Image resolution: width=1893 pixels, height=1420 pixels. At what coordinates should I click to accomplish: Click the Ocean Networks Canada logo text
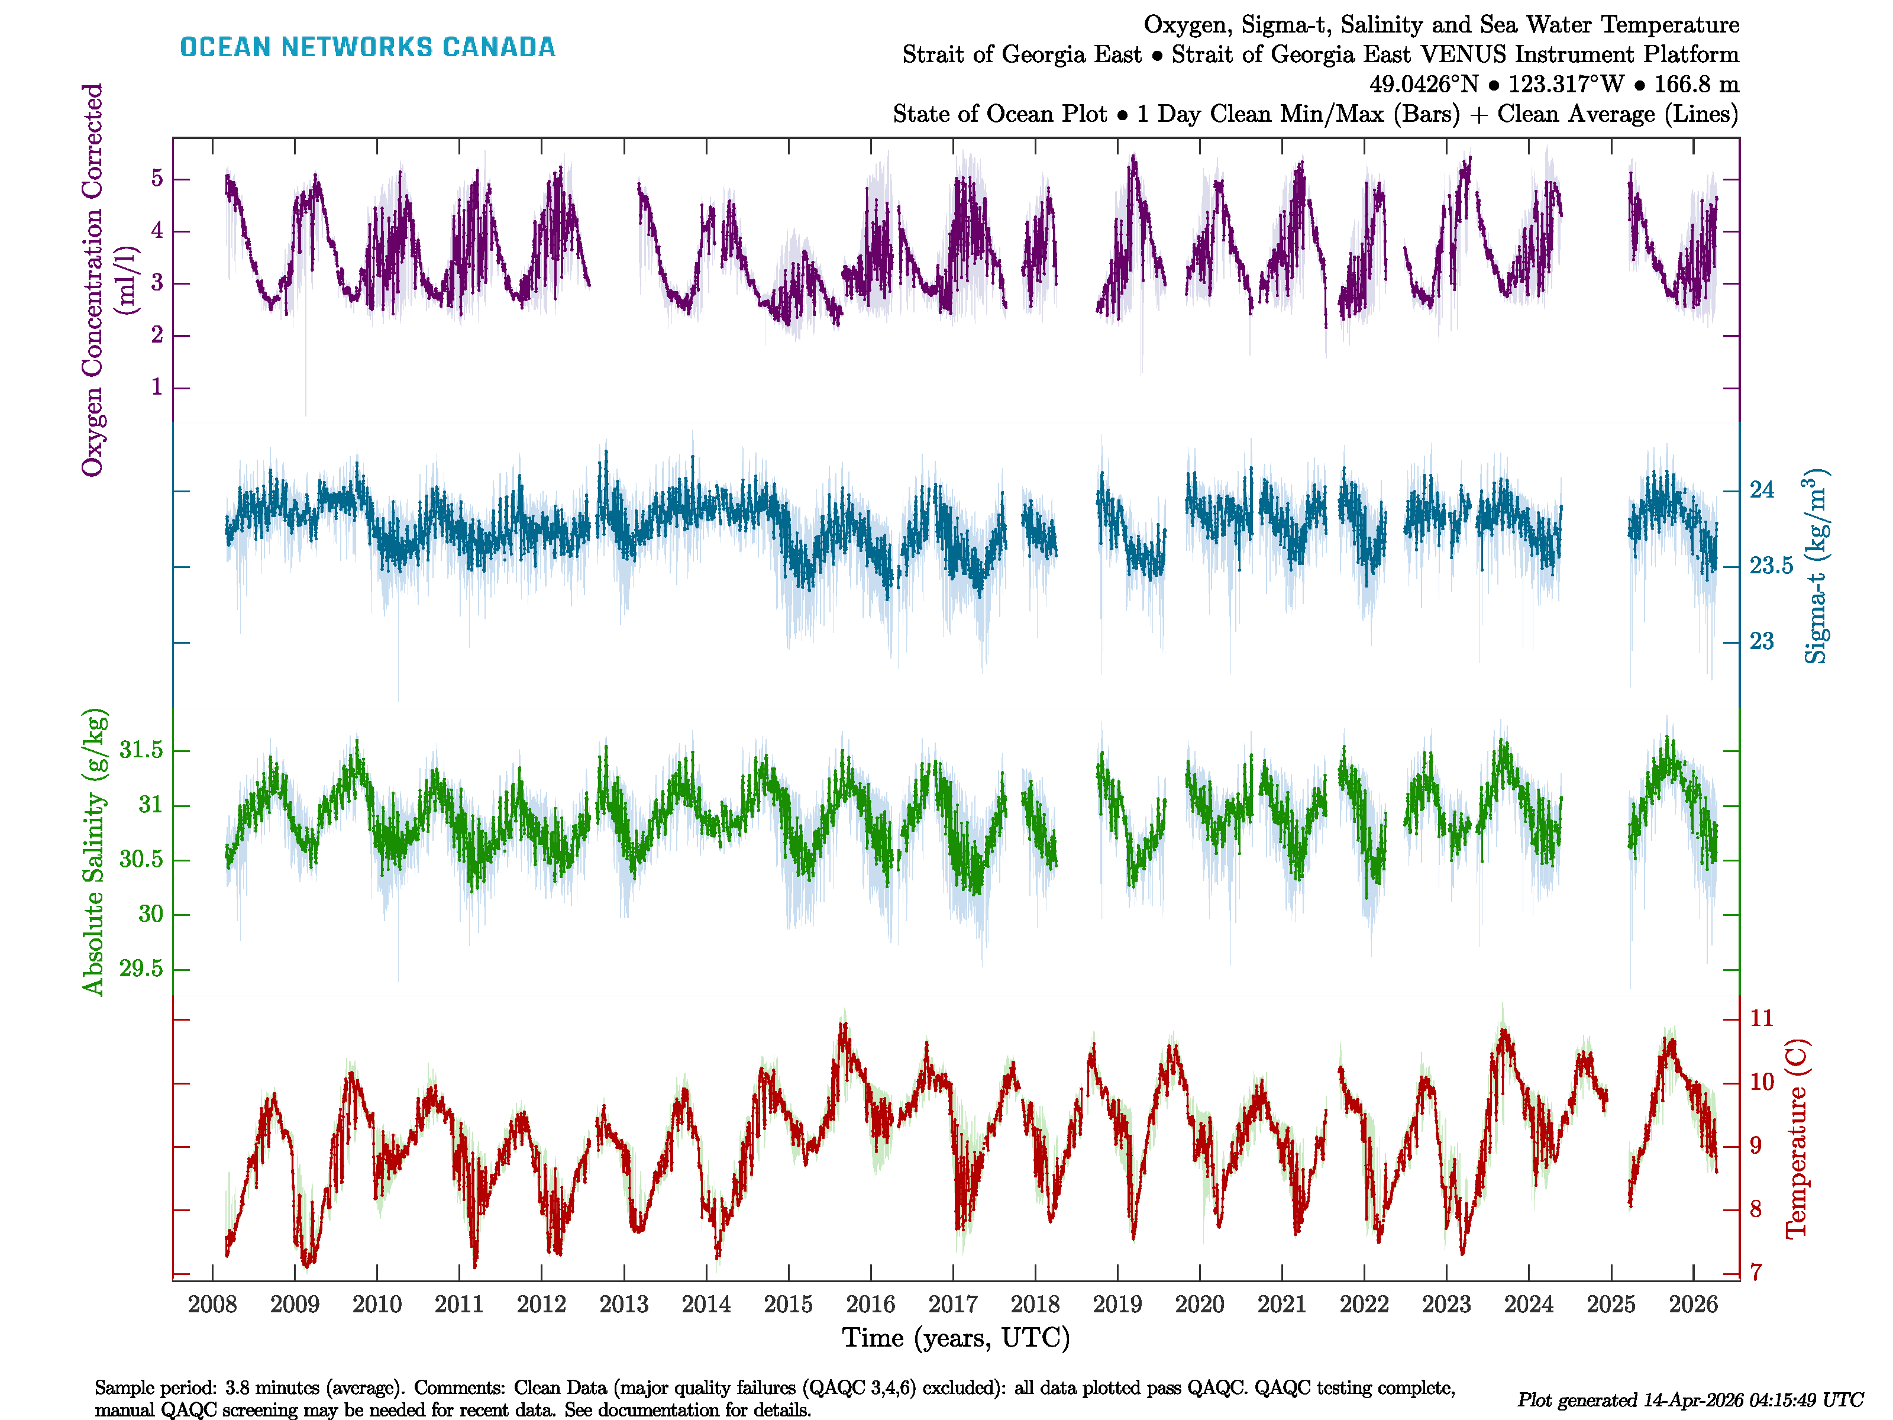coord(367,47)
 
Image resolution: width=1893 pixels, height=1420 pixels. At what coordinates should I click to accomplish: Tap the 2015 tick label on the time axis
coord(787,1305)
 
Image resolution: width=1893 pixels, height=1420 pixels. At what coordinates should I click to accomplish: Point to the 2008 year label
coord(212,1305)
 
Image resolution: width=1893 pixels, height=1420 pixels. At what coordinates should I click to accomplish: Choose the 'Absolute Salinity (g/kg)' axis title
coord(93,851)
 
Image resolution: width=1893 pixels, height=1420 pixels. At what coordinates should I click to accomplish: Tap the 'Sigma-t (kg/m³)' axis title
coord(1816,567)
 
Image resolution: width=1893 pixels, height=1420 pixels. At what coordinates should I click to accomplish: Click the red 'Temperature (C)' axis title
coord(1797,1138)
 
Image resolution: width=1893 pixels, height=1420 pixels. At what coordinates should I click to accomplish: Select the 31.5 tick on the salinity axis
coord(141,751)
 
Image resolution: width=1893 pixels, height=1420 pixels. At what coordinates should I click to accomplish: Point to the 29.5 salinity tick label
coord(141,969)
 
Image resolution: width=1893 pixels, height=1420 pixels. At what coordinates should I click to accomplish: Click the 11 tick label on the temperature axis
coord(1761,1019)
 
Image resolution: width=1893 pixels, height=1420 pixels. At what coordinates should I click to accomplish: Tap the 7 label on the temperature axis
coord(1756,1273)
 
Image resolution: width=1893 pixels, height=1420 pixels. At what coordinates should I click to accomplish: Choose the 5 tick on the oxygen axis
coord(157,179)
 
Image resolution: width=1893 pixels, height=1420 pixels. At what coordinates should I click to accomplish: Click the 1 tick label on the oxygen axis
coord(157,388)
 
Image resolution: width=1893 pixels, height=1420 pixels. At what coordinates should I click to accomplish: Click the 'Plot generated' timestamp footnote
coord(1690,1400)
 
